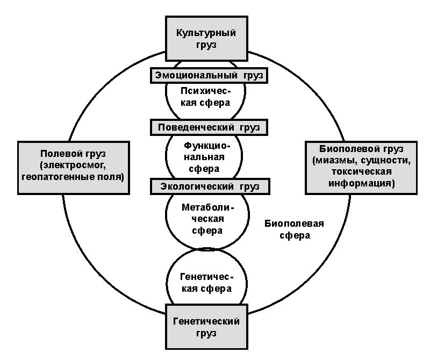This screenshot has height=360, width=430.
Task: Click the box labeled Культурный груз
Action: click(206, 38)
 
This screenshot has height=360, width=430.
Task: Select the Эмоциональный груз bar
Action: click(209, 75)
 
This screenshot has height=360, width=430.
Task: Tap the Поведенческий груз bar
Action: click(209, 127)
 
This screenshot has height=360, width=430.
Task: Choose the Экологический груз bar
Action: click(210, 186)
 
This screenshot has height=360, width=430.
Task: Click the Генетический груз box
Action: click(206, 327)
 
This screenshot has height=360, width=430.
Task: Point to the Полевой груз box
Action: click(74, 168)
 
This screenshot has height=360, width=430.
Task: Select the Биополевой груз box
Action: click(361, 168)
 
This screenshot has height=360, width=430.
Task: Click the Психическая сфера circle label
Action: click(205, 97)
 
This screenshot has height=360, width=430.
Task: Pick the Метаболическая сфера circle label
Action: click(207, 219)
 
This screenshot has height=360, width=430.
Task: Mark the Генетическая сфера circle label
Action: click(206, 283)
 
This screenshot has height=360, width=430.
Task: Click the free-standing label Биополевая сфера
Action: click(294, 229)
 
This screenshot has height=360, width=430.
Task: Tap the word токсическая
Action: click(361, 171)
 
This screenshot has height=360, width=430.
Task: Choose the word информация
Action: click(360, 183)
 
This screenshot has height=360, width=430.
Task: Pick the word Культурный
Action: click(206, 33)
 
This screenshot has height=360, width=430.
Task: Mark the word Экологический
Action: click(197, 187)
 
